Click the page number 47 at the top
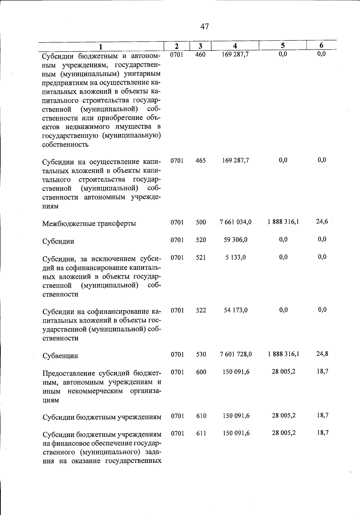(204, 27)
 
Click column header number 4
(235, 46)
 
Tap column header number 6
(321, 46)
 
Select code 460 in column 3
(200, 55)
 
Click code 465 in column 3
(200, 160)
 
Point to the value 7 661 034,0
(235, 222)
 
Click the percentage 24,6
(322, 222)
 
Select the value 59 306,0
(235, 240)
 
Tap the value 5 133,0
(235, 257)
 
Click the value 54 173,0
(235, 310)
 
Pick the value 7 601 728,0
(235, 354)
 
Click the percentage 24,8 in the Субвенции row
(322, 354)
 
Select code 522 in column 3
(201, 310)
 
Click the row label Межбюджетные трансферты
(89, 224)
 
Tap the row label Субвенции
(60, 356)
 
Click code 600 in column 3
(201, 372)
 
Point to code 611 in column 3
(201, 434)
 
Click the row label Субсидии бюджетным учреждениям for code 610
(102, 417)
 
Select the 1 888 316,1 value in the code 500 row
(283, 222)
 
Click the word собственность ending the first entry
(65, 145)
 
